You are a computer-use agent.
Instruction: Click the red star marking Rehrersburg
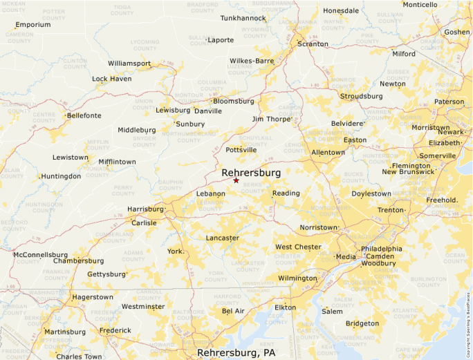236,180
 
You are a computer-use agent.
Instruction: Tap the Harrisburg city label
145,209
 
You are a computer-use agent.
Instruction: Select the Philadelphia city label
381,249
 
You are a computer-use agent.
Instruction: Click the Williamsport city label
129,64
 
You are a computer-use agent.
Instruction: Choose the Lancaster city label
222,238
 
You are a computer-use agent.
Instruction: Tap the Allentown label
328,152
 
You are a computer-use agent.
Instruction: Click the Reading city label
286,193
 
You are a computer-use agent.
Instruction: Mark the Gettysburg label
106,274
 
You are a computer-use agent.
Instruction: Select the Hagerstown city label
92,297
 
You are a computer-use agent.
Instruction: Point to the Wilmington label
297,278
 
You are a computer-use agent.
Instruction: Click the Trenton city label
390,209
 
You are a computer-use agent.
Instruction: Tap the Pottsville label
241,149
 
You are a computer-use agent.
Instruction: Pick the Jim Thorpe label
271,119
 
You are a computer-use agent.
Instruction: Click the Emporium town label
33,25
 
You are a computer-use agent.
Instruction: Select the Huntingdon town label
61,176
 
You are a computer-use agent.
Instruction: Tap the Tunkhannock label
243,18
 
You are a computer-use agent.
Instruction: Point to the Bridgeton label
362,323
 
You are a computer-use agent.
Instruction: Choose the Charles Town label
79,357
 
